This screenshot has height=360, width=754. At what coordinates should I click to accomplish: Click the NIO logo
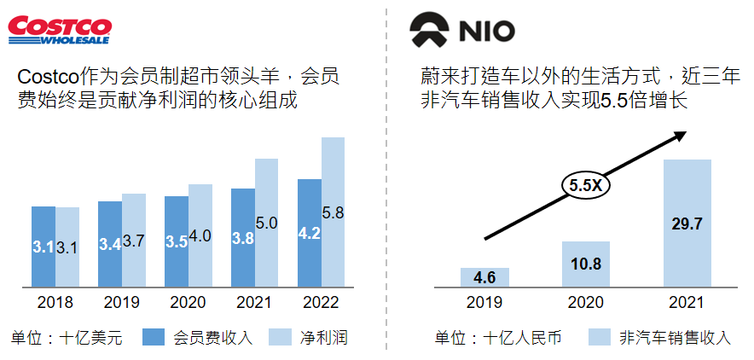click(464, 31)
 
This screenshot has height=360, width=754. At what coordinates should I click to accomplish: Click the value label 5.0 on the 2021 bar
click(266, 224)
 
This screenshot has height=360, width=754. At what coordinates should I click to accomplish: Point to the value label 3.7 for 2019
click(134, 241)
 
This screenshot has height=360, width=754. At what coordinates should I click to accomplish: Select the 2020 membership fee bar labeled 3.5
click(177, 241)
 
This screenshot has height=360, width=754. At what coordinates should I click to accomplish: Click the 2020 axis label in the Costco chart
click(188, 303)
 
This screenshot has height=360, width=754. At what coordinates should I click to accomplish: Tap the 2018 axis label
click(55, 303)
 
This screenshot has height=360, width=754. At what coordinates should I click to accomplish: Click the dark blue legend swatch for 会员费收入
click(154, 336)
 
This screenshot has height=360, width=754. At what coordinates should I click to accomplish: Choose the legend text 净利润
click(323, 337)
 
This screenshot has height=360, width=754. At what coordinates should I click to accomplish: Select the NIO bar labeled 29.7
click(687, 224)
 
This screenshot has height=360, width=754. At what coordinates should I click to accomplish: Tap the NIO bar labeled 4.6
click(484, 277)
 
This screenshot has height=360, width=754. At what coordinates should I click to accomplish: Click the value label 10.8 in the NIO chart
click(585, 264)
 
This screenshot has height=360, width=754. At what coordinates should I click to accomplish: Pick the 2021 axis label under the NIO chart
click(687, 303)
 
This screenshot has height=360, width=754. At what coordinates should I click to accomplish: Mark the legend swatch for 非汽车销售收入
click(599, 336)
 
